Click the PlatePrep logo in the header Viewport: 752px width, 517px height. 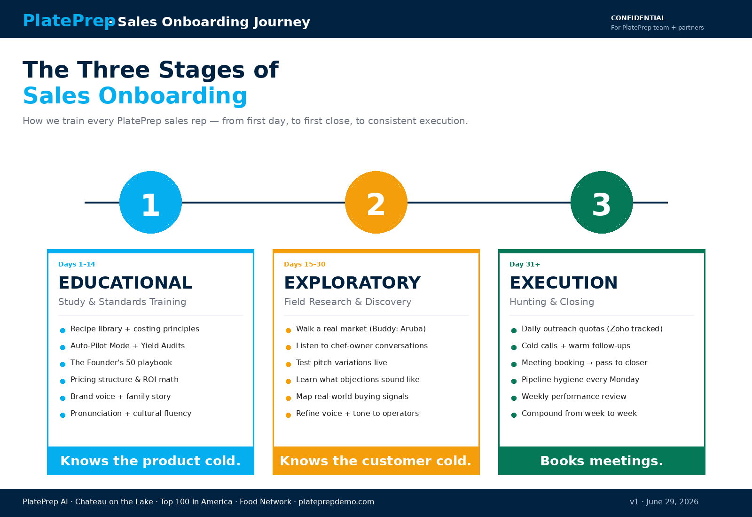click(69, 21)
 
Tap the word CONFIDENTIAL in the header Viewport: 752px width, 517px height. click(638, 18)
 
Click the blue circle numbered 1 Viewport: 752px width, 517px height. click(150, 202)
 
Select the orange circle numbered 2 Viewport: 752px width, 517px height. click(376, 202)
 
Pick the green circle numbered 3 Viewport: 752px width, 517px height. click(602, 202)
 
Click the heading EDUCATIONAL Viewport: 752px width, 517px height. click(125, 282)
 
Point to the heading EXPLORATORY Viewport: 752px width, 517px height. click(352, 282)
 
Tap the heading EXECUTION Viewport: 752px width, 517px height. click(564, 282)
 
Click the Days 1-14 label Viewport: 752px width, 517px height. click(77, 264)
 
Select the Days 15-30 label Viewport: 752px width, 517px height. click(305, 264)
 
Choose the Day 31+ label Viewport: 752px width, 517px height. click(525, 264)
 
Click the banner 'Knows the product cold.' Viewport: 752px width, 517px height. click(150, 461)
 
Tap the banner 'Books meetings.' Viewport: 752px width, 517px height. click(602, 461)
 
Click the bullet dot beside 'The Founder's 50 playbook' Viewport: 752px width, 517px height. click(63, 364)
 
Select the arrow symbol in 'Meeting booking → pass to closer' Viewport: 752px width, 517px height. click(590, 363)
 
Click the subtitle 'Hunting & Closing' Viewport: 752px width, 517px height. click(552, 302)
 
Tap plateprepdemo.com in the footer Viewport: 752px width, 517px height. click(336, 502)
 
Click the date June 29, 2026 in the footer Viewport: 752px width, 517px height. click(672, 502)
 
